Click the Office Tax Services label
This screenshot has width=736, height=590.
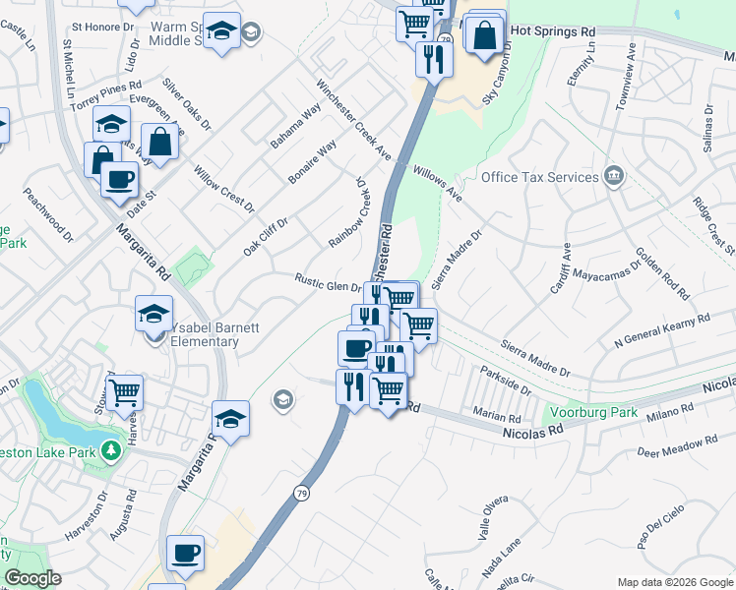pos(539,177)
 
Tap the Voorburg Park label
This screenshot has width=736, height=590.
pos(588,413)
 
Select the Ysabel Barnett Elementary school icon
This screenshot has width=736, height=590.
pos(153,315)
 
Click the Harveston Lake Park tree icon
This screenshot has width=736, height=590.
pos(112,450)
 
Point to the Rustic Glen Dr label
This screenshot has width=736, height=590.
pos(330,281)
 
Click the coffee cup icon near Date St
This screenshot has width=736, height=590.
pos(119,180)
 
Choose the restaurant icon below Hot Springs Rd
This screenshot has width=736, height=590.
pos(434,59)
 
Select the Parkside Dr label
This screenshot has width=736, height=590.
pos(505,383)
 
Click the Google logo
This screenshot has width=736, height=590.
pos(31,578)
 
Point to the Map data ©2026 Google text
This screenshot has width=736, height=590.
pos(674,581)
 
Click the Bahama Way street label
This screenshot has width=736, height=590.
pos(296,125)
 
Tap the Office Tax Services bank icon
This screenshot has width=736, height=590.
pos(614,176)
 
